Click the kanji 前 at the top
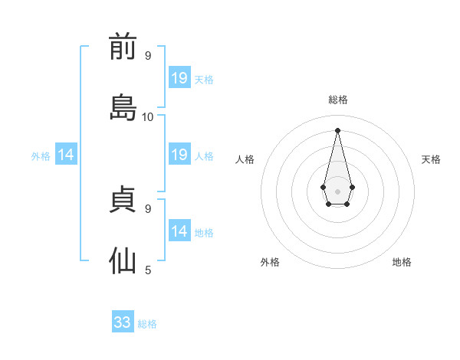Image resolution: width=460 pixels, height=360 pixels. (123, 46)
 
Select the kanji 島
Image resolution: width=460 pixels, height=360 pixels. (123, 107)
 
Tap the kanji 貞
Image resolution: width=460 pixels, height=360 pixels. (123, 199)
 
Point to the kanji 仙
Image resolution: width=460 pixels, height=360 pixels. (123, 260)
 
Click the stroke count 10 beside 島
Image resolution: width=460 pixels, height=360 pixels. (147, 117)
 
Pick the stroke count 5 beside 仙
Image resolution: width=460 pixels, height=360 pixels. (148, 270)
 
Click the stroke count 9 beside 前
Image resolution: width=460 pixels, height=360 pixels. (148, 55)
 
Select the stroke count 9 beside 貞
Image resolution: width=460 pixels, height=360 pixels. (148, 209)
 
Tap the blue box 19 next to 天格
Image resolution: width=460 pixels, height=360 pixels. (179, 77)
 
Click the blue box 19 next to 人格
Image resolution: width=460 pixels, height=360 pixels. (179, 154)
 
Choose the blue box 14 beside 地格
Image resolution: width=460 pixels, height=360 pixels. (179, 230)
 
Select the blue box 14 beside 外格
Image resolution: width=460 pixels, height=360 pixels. (66, 154)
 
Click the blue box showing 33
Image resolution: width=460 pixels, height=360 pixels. (123, 321)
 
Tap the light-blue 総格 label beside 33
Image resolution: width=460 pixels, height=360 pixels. (147, 324)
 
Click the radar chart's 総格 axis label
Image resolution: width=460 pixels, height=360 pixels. (338, 100)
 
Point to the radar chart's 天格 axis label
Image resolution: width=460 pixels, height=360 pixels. (431, 159)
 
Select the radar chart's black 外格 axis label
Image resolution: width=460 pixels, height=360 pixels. (270, 262)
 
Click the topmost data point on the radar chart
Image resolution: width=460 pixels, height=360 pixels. (337, 130)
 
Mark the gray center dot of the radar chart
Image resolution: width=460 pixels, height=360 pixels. (337, 191)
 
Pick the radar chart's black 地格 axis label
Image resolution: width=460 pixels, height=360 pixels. (402, 262)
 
